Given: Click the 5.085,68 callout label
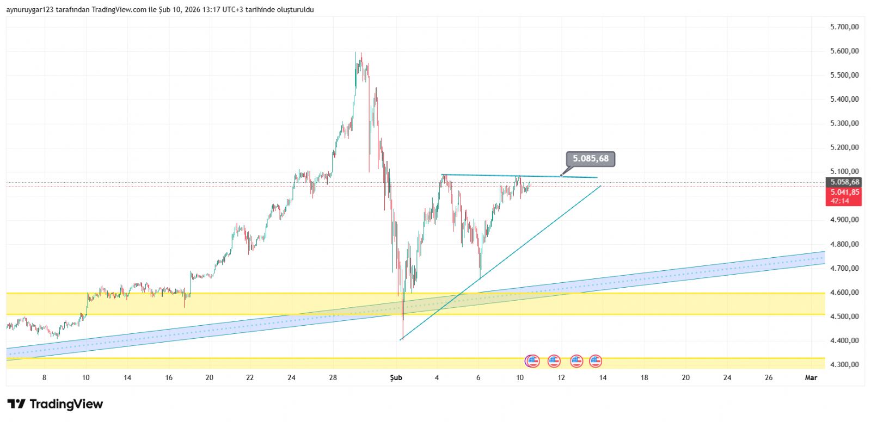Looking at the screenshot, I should click(x=590, y=159).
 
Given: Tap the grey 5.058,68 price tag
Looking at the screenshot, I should click(x=844, y=182).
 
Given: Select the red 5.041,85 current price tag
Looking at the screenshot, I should click(x=844, y=192).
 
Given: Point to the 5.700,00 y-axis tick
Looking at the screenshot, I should click(x=844, y=27).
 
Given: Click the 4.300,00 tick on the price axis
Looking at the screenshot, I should click(x=844, y=364).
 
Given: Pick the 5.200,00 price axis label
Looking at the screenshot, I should click(x=844, y=147).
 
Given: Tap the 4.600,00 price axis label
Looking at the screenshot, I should click(x=844, y=292).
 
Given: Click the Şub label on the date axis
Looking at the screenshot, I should click(x=396, y=377).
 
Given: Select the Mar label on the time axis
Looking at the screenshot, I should click(x=811, y=377).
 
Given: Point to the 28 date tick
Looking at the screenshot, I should click(x=333, y=377).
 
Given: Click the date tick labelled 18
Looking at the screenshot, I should click(x=644, y=377).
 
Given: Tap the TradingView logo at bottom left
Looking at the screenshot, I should click(x=55, y=404).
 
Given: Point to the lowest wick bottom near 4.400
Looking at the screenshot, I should click(x=403, y=338).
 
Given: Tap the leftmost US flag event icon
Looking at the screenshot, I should click(x=532, y=361).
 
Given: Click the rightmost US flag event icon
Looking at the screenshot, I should click(x=596, y=361).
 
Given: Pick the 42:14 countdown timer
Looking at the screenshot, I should click(x=839, y=201).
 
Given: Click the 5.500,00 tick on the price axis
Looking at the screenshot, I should click(x=844, y=75).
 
